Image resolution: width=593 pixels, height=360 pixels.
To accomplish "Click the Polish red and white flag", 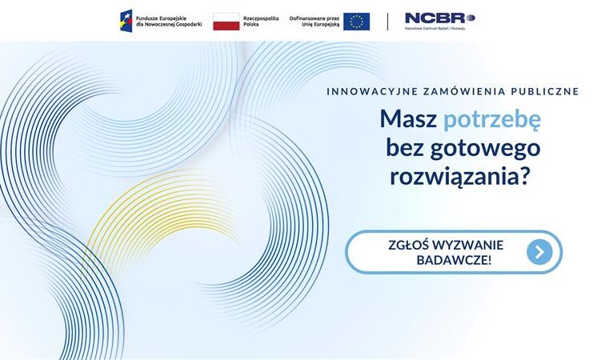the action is tap(226, 22).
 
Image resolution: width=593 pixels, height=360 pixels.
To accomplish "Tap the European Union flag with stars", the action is tap(357, 22).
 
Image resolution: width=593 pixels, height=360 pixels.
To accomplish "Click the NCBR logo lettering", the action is tap(440, 18).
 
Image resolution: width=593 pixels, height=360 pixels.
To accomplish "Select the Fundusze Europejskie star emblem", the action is tap(126, 21).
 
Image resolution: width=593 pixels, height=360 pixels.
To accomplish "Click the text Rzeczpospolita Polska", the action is tap(261, 21).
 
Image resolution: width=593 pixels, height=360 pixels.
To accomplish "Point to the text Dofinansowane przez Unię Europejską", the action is tap(315, 21).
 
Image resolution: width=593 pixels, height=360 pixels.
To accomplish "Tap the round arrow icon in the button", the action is tap(539, 252).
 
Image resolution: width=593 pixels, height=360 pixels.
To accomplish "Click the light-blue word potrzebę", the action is tap(492, 119).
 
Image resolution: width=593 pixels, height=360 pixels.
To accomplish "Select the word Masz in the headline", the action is tap(408, 118).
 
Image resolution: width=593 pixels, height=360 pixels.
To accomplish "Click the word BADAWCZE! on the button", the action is tap(454, 260).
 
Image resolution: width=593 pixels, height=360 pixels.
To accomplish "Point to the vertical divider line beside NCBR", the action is tap(387, 22).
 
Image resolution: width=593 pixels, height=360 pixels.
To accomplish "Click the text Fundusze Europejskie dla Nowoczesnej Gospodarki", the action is tap(169, 21).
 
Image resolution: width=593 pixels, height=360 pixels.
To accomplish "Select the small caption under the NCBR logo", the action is tap(435, 28).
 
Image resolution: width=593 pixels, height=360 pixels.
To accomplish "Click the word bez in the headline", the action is tap(405, 147).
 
